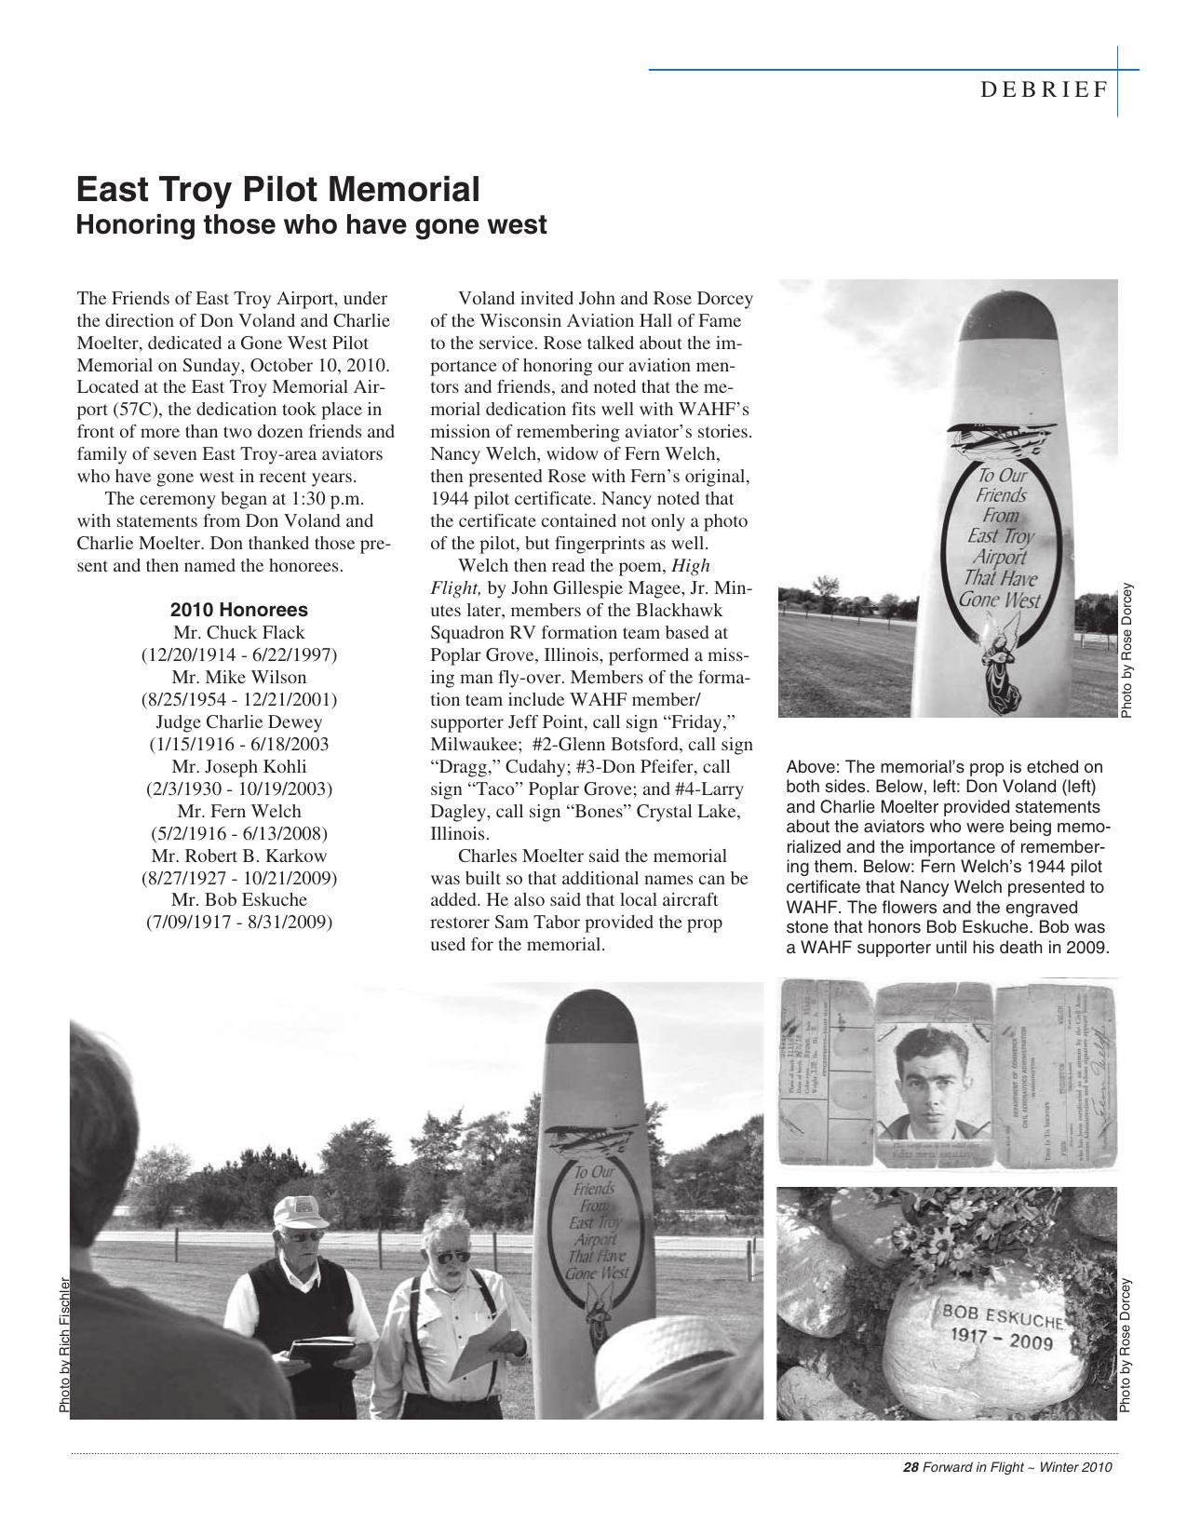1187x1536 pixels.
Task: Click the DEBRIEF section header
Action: tap(1044, 89)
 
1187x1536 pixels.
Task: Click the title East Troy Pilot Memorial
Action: tap(277, 190)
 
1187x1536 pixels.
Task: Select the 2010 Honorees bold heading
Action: tap(239, 611)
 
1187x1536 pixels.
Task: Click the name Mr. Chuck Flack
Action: tap(239, 633)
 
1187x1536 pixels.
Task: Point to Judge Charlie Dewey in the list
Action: tap(239, 722)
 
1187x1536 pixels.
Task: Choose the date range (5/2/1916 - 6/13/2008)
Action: tap(239, 833)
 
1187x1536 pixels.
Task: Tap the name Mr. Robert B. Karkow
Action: tap(239, 856)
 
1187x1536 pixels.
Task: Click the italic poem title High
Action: tap(691, 566)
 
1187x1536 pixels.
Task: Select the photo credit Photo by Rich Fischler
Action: tap(64, 1344)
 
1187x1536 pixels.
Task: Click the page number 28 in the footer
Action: tap(911, 1468)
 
